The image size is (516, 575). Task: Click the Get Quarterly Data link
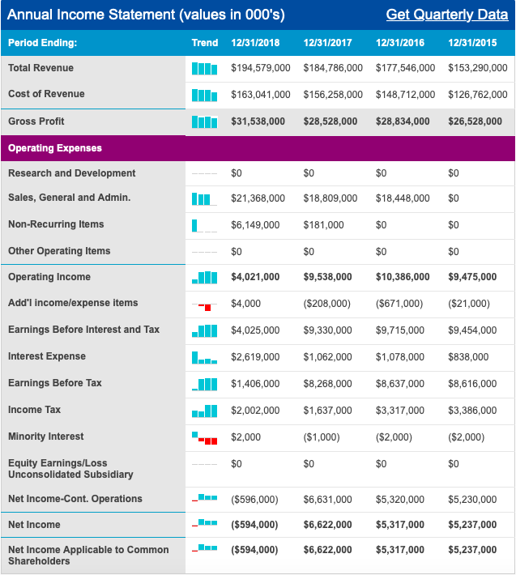(447, 15)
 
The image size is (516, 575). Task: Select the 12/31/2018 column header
(255, 42)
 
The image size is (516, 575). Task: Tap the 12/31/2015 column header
(471, 42)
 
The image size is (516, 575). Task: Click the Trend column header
(205, 42)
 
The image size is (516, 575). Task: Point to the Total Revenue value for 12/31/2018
(260, 68)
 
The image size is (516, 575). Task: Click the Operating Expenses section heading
(55, 148)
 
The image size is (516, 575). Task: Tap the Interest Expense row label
(47, 356)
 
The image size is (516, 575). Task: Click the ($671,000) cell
(399, 304)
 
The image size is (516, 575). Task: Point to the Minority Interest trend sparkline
(205, 437)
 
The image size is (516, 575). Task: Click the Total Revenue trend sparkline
(205, 68)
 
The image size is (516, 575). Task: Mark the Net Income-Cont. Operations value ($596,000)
(254, 500)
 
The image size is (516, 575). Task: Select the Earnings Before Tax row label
(55, 383)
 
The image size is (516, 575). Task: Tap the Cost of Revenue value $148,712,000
(405, 95)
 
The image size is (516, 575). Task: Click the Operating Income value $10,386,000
(403, 277)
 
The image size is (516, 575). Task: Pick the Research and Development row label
(72, 173)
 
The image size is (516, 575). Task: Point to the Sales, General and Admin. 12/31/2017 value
(330, 198)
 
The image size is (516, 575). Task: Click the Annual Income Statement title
(146, 15)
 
